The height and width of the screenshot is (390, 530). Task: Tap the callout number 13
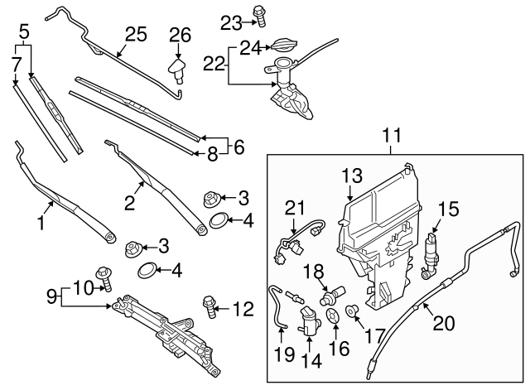pos(353,176)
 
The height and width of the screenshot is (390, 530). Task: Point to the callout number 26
pos(180,36)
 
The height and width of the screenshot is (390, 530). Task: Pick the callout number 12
pos(242,311)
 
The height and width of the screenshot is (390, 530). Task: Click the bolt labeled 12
pos(208,308)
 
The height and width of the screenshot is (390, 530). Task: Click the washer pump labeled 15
pos(431,253)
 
